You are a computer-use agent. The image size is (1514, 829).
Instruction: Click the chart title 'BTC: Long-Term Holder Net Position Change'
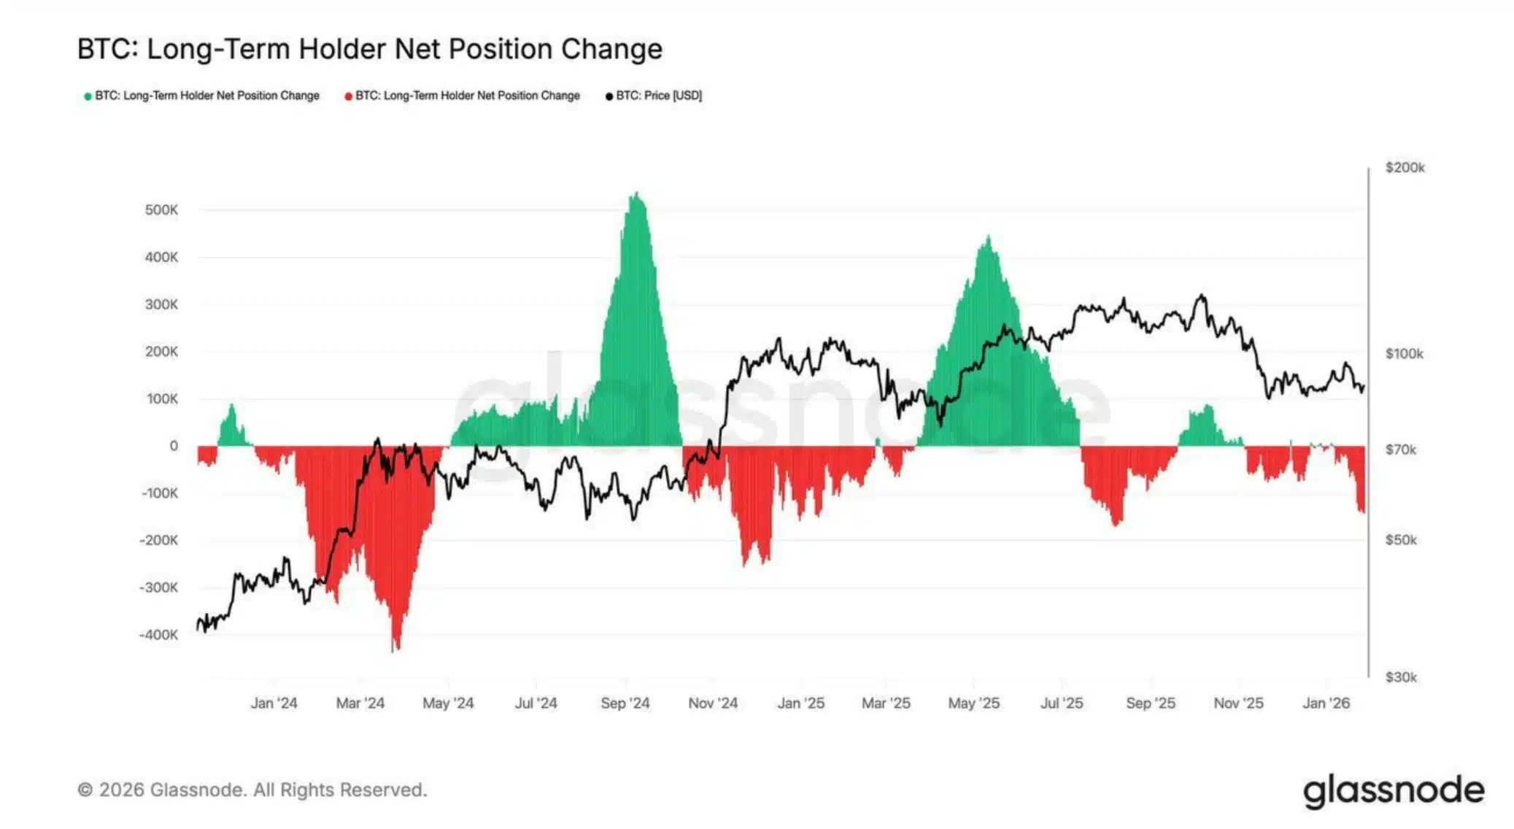[x=369, y=49]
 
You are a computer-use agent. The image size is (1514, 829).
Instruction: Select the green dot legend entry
[x=202, y=96]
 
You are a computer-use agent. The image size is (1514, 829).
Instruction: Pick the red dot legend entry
[x=463, y=96]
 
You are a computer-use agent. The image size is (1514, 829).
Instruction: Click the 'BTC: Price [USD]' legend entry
[x=654, y=96]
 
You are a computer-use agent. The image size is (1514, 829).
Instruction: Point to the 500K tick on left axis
[x=161, y=210]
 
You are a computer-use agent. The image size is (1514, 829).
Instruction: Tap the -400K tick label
[x=158, y=635]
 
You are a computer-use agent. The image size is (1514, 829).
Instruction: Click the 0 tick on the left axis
[x=173, y=446]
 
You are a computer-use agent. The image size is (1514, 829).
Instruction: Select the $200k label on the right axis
[x=1405, y=168]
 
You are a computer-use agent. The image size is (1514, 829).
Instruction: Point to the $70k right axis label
[x=1400, y=450]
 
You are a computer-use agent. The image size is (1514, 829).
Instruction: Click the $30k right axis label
[x=1400, y=677]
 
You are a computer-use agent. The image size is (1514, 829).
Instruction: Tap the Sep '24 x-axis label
[x=625, y=703]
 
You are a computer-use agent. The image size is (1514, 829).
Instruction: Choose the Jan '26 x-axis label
[x=1326, y=703]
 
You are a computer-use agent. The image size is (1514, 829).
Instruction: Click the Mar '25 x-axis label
[x=886, y=703]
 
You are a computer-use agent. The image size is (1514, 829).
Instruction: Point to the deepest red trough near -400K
[x=395, y=648]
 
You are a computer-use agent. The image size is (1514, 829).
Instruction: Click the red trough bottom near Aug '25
[x=1116, y=523]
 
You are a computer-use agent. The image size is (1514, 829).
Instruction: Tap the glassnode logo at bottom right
[x=1393, y=791]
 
